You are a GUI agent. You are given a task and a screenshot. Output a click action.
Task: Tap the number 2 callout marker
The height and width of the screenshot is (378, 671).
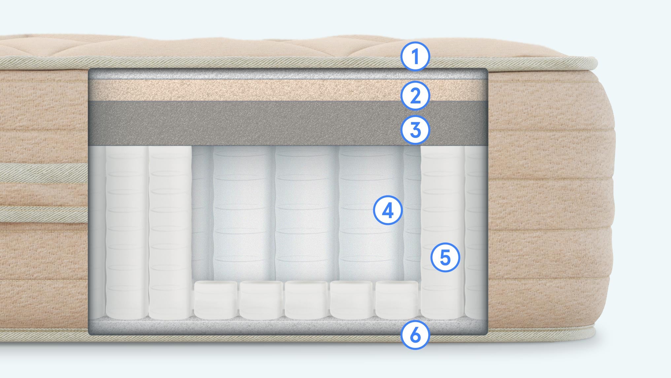(x=415, y=95)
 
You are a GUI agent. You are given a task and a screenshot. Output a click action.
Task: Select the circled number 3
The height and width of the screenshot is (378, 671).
(x=415, y=130)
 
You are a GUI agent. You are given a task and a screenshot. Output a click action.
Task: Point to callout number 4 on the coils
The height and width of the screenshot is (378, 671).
(x=388, y=210)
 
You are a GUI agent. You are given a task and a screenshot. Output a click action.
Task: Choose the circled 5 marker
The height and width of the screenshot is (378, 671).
(x=445, y=258)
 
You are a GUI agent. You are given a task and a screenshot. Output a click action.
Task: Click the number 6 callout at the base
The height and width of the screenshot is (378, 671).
(x=415, y=335)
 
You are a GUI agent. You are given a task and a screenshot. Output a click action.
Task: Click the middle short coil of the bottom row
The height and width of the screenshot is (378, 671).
(x=307, y=300)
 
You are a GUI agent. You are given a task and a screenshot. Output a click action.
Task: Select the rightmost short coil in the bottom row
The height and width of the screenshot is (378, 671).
(x=397, y=300)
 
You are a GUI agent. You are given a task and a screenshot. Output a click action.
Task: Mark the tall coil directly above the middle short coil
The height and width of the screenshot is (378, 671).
(x=306, y=213)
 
